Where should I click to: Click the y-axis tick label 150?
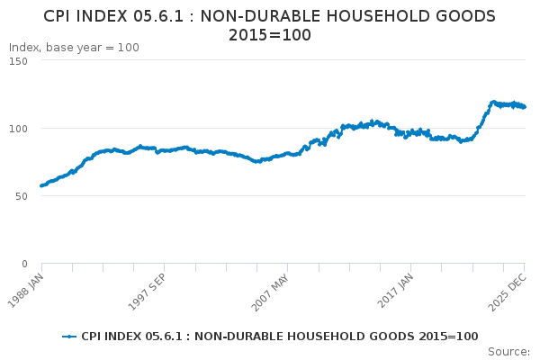pyautogui.click(x=18, y=60)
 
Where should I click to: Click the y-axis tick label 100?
pyautogui.click(x=18, y=128)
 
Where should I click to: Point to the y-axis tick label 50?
pyautogui.click(x=21, y=195)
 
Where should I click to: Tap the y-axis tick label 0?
pyautogui.click(x=24, y=264)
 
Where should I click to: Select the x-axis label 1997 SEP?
pyautogui.click(x=148, y=286)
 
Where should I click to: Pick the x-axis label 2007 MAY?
pyautogui.click(x=271, y=286)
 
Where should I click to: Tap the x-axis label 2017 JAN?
pyautogui.click(x=396, y=286)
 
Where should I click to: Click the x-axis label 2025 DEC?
pyautogui.click(x=510, y=286)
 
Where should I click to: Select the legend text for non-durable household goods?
pyautogui.click(x=279, y=337)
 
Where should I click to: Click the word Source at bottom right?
pyautogui.click(x=508, y=351)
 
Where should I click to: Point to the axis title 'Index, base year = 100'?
pyautogui.click(x=74, y=47)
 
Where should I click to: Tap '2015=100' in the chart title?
pyautogui.click(x=270, y=35)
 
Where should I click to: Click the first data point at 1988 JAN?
pyautogui.click(x=41, y=185)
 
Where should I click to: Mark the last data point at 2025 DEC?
pyautogui.click(x=525, y=107)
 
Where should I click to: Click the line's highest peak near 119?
pyautogui.click(x=493, y=102)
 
